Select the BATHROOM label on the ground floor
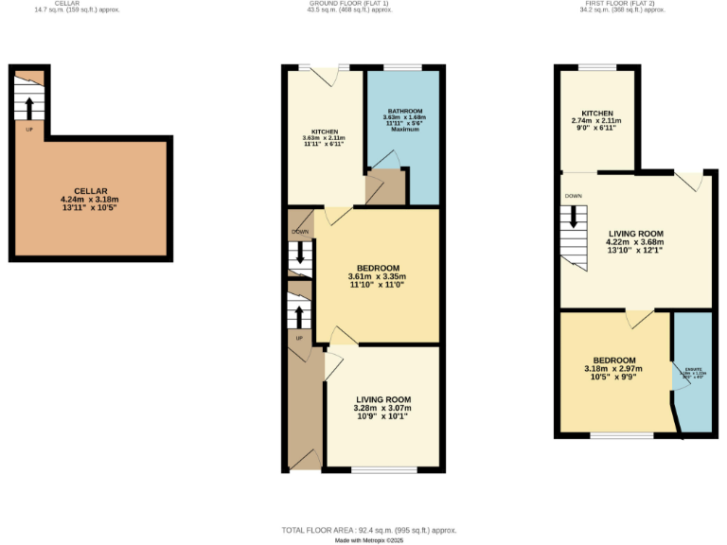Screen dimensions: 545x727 pos(403,112)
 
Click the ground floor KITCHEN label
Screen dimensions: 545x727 pos(325,132)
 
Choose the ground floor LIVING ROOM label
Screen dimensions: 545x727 pos(383,399)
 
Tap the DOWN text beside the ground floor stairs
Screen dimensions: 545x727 pos(299,231)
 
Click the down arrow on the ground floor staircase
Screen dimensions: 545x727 pos(300,254)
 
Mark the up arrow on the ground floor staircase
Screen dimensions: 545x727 pos(300,313)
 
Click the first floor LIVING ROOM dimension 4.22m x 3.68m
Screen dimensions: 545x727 pos(635,241)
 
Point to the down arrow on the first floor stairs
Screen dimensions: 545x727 pos(573,220)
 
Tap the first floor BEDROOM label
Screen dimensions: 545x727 pos(614,360)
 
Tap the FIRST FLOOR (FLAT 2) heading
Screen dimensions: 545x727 pos(617,4)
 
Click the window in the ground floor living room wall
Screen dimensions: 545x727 pos(383,469)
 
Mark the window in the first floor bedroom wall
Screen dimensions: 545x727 pos(622,435)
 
